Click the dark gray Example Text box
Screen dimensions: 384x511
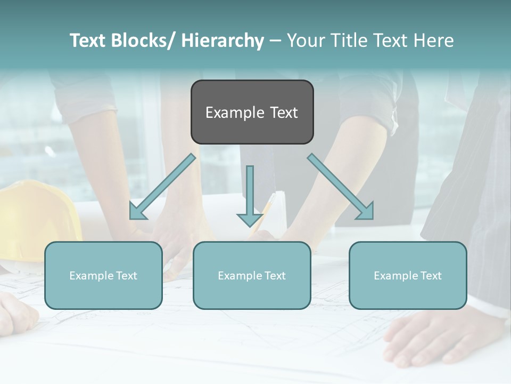click(252, 112)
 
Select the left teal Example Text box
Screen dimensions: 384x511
click(103, 275)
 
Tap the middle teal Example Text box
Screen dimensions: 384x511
click(252, 275)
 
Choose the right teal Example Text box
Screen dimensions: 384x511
click(408, 275)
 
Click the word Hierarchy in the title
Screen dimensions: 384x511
click(222, 41)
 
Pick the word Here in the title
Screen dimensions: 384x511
click(435, 41)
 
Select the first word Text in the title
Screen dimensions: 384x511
click(88, 41)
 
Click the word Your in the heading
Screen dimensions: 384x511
click(306, 41)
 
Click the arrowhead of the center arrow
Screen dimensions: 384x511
click(250, 219)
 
